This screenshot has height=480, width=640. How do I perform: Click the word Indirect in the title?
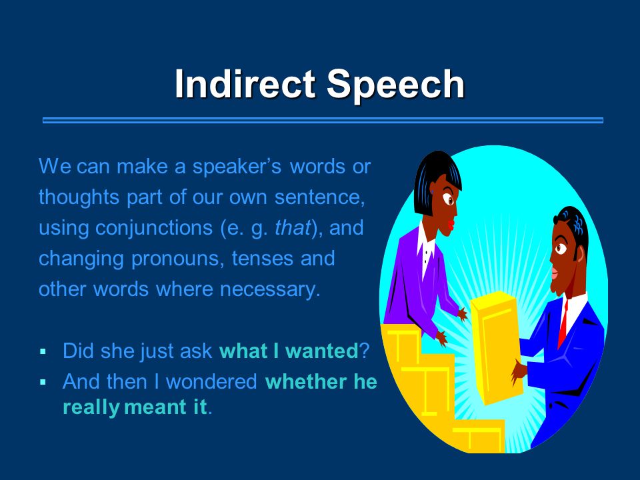(x=245, y=84)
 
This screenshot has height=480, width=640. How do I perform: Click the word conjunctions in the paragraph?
(x=154, y=229)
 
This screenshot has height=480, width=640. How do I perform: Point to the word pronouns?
(x=177, y=259)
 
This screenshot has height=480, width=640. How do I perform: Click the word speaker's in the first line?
(x=237, y=167)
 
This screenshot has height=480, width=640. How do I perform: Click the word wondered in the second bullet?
(x=211, y=381)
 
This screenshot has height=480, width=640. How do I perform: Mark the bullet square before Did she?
(x=43, y=351)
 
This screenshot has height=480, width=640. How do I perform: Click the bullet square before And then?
(x=43, y=382)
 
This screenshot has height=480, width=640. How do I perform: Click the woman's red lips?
(x=451, y=225)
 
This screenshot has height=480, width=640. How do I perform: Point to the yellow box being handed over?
(x=496, y=347)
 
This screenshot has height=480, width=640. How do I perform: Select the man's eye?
(x=561, y=248)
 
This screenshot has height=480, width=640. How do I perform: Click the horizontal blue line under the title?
(x=323, y=120)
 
